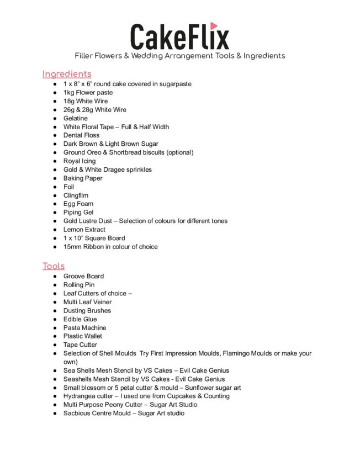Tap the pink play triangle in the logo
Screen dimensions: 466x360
(x=214, y=26)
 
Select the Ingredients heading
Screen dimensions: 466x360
(x=67, y=74)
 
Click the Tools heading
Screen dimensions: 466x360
(x=54, y=266)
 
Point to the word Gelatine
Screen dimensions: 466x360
(x=76, y=118)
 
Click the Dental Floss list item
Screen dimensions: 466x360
(x=82, y=135)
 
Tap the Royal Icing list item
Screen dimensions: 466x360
(x=80, y=161)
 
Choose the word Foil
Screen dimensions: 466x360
(x=68, y=187)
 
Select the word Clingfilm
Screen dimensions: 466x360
(x=76, y=195)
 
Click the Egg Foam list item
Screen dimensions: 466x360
(x=78, y=204)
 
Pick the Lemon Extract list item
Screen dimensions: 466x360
(x=84, y=230)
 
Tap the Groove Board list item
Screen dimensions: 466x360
(x=83, y=276)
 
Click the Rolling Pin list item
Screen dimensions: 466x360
(x=79, y=285)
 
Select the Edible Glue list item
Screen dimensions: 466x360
(x=80, y=319)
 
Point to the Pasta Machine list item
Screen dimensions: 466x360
(x=84, y=327)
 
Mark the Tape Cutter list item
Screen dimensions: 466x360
(x=80, y=345)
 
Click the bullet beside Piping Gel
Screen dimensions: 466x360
(x=55, y=213)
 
